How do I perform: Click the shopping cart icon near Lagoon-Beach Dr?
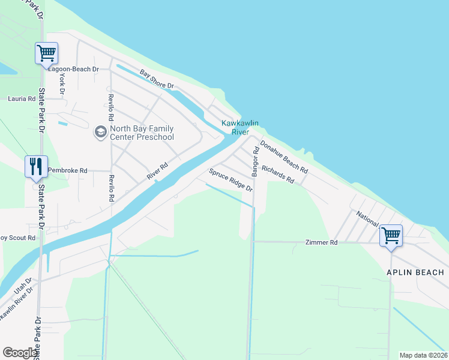click(46, 53)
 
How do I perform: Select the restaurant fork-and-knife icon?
click(36, 166)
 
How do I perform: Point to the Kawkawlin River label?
click(240, 127)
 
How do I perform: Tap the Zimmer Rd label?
click(322, 242)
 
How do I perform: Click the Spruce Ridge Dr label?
click(231, 180)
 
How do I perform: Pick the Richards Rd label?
click(277, 175)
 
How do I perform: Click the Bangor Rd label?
click(255, 161)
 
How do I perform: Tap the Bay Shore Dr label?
click(156, 80)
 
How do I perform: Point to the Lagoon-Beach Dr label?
click(77, 69)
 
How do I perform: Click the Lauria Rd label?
click(22, 98)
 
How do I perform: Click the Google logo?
click(20, 353)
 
